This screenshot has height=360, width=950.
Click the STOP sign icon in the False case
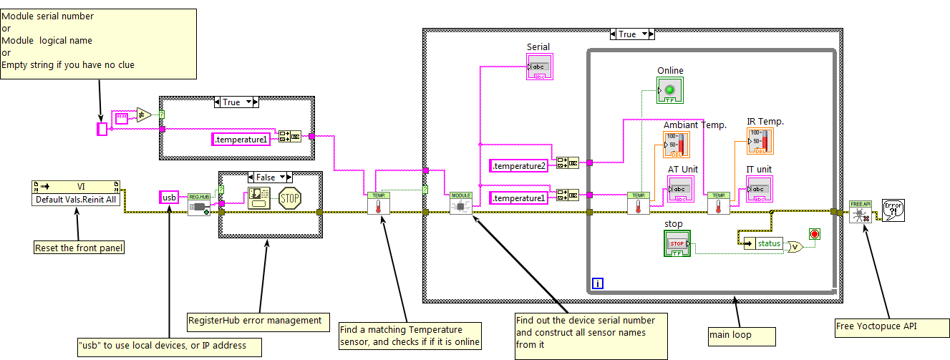click(290, 198)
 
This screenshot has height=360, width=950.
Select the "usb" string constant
click(170, 197)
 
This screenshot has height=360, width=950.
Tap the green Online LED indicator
click(670, 90)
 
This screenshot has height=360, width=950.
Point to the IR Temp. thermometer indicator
click(760, 141)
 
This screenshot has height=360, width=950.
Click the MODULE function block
click(461, 203)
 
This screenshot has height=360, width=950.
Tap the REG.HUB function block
click(198, 204)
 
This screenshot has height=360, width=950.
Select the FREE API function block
click(859, 212)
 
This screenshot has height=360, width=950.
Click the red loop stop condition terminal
click(814, 234)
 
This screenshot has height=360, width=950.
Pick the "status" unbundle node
click(764, 243)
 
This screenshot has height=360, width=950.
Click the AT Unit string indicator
click(682, 190)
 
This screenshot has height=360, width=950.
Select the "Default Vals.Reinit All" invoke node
click(77, 193)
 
